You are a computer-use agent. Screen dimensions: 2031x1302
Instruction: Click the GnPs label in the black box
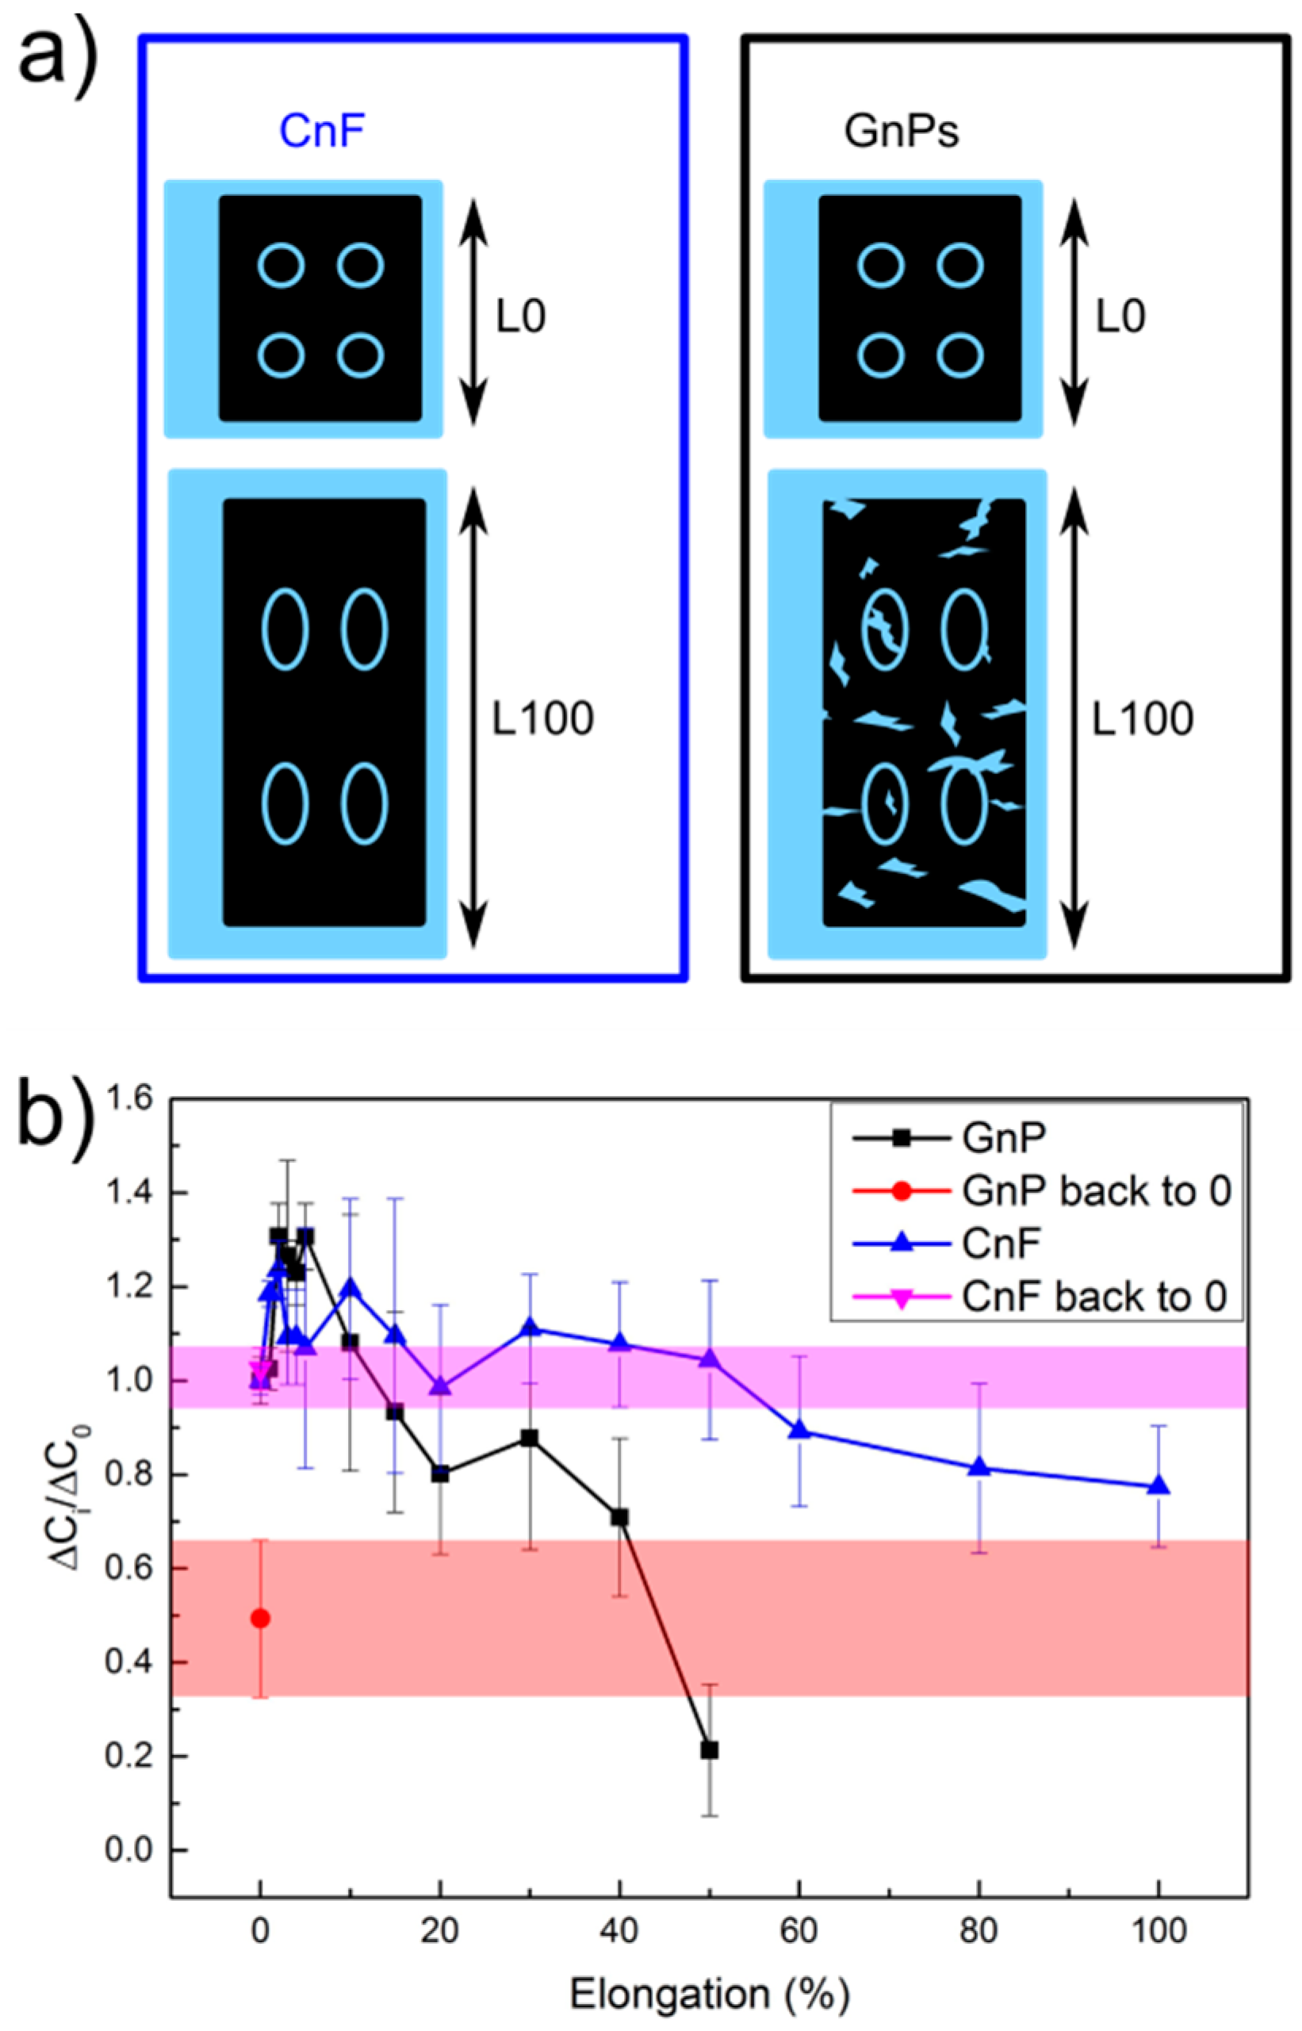click(902, 132)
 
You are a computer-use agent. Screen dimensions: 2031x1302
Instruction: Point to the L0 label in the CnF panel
click(521, 317)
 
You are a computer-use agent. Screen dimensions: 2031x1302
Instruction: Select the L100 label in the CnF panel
click(544, 719)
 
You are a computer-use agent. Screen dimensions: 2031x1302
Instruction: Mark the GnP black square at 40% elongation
click(620, 1517)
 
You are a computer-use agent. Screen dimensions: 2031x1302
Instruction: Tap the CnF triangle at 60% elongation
click(800, 1430)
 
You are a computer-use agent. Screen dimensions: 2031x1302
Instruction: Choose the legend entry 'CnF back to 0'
click(1094, 1296)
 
